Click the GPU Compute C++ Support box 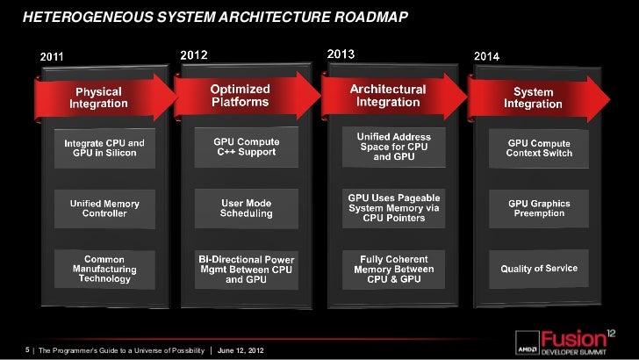coord(245,146)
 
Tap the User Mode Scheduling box coord(247,207)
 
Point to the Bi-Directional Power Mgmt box coord(247,269)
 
